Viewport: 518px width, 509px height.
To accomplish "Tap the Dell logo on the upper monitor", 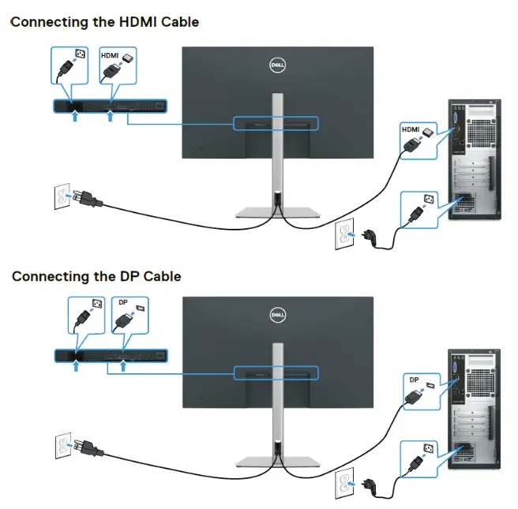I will (x=277, y=66).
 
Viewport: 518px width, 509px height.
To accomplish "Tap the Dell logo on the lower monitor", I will (x=277, y=315).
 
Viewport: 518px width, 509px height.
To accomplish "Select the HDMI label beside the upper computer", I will (x=411, y=129).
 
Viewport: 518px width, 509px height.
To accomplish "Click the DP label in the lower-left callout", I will (x=122, y=303).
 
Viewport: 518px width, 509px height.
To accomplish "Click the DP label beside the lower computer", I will (x=415, y=380).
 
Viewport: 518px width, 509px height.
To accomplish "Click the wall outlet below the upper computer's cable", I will (x=343, y=232).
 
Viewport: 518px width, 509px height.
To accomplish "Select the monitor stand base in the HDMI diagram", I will (x=277, y=212).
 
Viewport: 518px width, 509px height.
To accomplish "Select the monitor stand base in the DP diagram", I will (x=277, y=461).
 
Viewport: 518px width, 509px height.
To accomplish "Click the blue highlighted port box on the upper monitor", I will (x=276, y=123).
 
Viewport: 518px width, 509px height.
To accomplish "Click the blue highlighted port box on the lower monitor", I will (x=276, y=371).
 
